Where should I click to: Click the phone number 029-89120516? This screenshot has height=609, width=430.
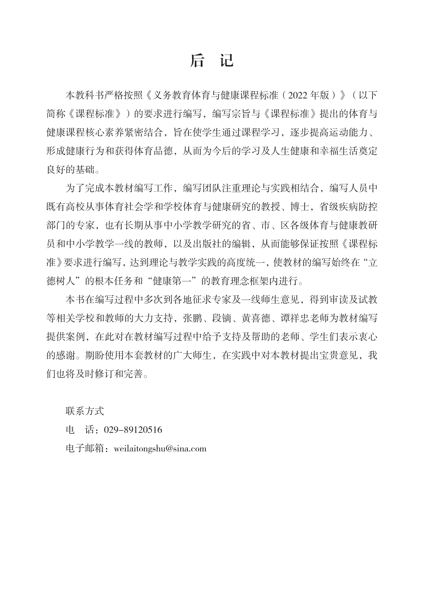[x=133, y=430]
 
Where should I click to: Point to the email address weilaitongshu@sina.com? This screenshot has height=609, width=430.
[x=160, y=449]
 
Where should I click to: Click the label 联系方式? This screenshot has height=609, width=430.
[x=85, y=411]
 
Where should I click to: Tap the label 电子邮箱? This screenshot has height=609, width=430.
[x=85, y=449]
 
